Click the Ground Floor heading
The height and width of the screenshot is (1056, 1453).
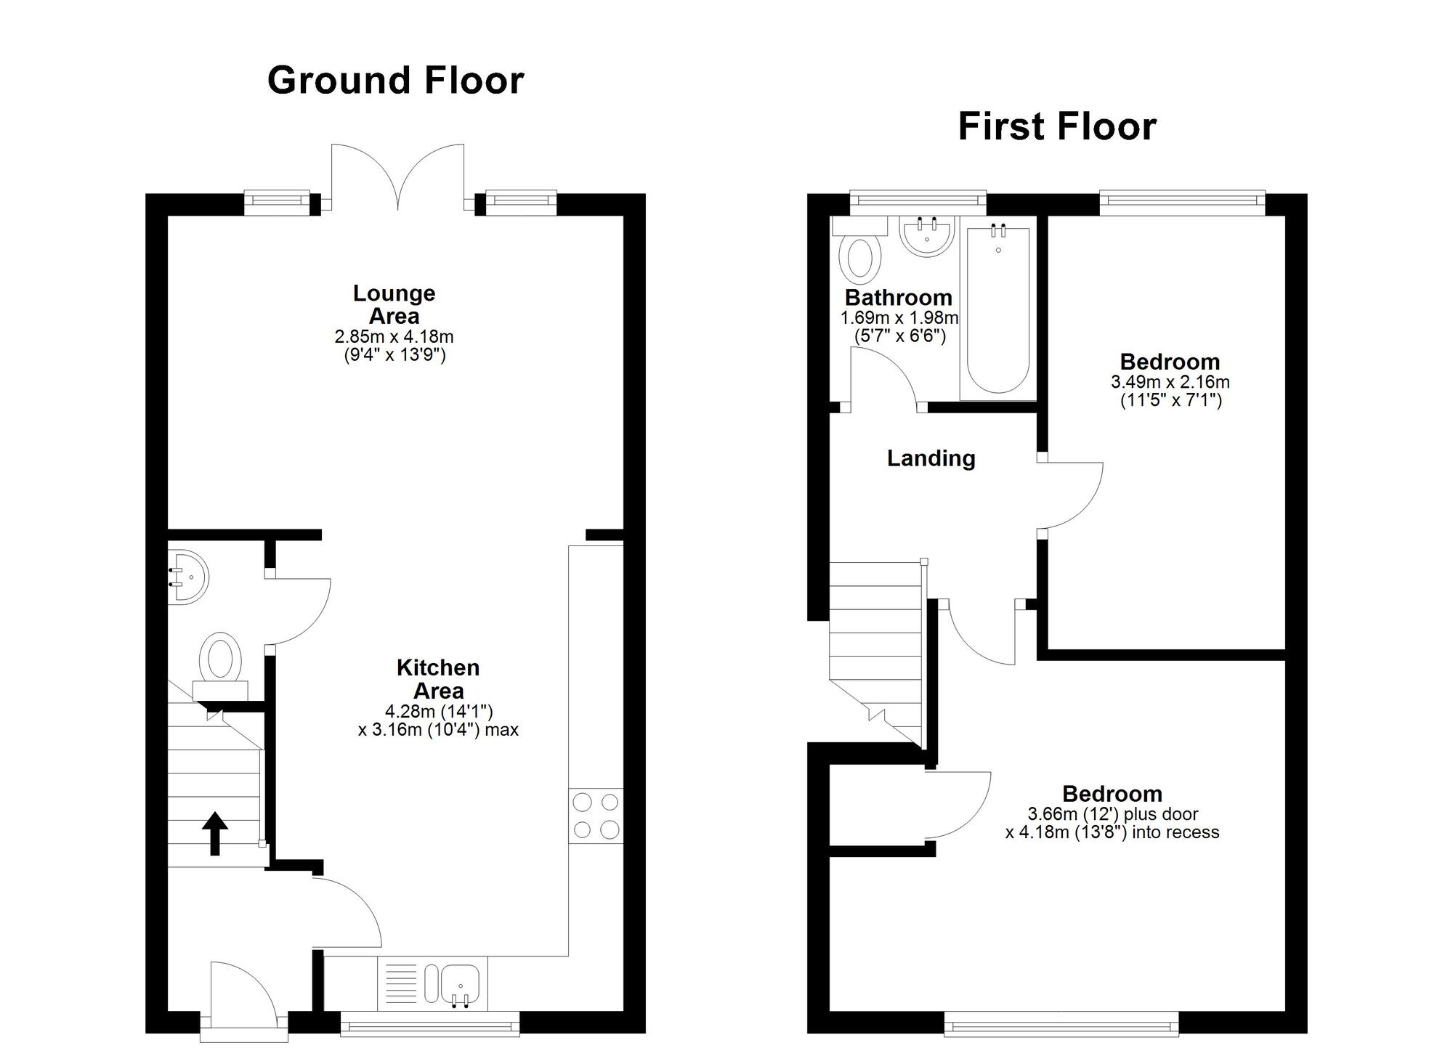[395, 80]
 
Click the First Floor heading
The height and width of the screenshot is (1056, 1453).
[1056, 126]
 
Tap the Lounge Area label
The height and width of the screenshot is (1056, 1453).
[394, 304]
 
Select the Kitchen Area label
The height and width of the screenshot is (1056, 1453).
[438, 679]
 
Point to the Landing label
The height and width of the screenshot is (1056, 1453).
[931, 458]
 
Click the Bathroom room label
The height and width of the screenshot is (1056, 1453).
[898, 298]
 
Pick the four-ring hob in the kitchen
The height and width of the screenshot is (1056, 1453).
[596, 816]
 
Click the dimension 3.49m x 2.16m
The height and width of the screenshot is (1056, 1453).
[1170, 382]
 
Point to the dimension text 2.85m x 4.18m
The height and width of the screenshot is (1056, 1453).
[394, 337]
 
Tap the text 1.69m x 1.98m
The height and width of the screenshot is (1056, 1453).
[899, 318]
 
